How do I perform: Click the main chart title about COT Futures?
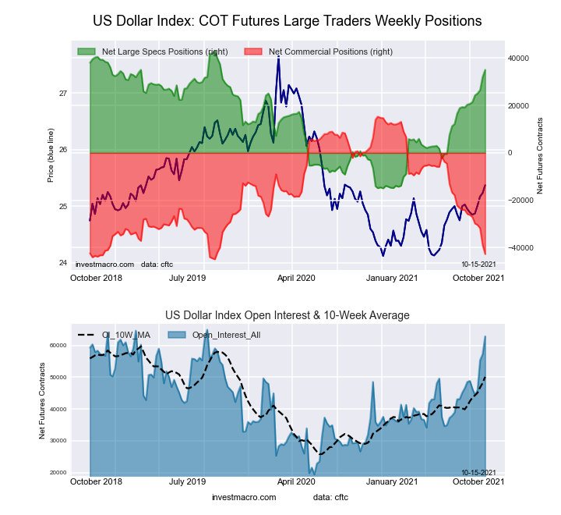point(287,20)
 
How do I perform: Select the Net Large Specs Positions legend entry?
point(160,51)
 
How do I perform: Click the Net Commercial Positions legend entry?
point(330,51)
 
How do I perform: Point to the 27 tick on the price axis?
point(63,94)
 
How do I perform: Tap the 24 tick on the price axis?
point(63,263)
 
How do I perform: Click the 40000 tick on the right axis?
point(520,59)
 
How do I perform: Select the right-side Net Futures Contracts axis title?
point(539,156)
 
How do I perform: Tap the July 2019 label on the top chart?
point(188,277)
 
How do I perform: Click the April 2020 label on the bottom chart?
point(296,481)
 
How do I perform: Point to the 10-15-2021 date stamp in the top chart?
point(478,265)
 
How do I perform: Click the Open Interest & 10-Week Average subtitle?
point(287,315)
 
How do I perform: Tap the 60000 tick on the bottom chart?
point(59,345)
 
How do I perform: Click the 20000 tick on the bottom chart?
point(59,473)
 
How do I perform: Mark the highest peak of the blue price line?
point(278,59)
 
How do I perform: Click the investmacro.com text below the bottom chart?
point(244,497)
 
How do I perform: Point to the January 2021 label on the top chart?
point(393,277)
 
